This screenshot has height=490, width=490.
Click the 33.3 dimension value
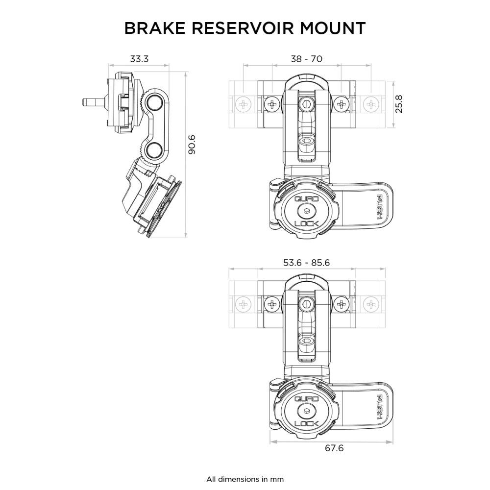pos(139,59)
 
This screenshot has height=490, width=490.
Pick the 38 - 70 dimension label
pos(306,59)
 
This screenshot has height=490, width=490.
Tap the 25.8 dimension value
pos(399,104)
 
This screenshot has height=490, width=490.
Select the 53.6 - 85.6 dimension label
pos(306,263)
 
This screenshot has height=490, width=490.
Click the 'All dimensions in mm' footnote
pos(245,479)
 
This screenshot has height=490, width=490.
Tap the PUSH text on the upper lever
pos(379,206)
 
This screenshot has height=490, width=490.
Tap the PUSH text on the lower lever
pos(379,407)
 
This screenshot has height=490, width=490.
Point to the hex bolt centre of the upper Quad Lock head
pos(306,211)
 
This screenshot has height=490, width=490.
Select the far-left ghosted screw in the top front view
pos(244,104)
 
